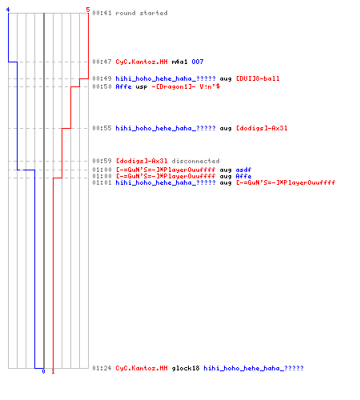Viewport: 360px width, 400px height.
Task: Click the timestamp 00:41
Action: click(102, 13)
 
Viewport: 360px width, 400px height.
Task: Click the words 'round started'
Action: click(142, 13)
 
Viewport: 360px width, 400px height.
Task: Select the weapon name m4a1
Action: click(179, 62)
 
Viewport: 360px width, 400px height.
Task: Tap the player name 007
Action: click(198, 62)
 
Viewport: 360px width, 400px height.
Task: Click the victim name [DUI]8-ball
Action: click(258, 78)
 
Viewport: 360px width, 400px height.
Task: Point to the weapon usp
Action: click(142, 87)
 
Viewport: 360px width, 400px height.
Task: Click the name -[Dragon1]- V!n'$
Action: click(186, 86)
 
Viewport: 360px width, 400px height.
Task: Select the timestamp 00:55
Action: click(102, 128)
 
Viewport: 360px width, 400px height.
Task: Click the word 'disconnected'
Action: click(195, 161)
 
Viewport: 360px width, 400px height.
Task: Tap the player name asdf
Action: click(243, 170)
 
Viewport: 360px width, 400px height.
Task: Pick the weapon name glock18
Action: click(186, 368)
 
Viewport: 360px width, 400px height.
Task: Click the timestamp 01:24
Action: click(102, 368)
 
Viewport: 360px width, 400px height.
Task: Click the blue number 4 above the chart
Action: click(8, 10)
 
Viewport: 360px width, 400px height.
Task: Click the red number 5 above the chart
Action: click(88, 10)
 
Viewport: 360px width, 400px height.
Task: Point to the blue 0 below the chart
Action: click(44, 371)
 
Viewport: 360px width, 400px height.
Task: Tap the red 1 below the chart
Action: click(53, 371)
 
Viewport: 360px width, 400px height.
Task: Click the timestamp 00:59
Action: click(102, 161)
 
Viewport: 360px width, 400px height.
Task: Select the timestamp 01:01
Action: click(102, 183)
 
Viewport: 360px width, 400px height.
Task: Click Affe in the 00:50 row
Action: click(123, 86)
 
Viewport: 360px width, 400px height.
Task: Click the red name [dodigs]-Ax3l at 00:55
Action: click(262, 129)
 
